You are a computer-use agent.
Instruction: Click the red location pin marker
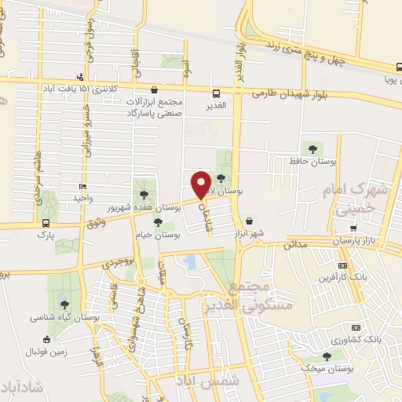tap(201, 185)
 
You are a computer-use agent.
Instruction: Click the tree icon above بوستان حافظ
tap(312, 147)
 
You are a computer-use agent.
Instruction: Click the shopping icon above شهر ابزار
tap(250, 221)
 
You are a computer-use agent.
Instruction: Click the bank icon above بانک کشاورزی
tap(355, 327)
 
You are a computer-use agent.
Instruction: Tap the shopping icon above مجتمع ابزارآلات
tap(154, 90)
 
